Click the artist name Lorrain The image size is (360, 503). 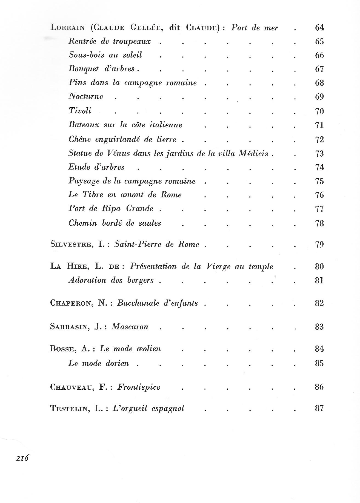click(x=67, y=28)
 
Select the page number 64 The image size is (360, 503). click(x=319, y=28)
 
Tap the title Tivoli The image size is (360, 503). click(x=80, y=111)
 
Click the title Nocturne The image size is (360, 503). click(x=86, y=96)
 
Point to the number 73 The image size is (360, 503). click(x=319, y=154)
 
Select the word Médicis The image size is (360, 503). click(x=253, y=153)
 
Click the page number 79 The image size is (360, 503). click(x=319, y=244)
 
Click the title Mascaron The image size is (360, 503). click(x=130, y=327)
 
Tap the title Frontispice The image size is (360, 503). click(x=139, y=387)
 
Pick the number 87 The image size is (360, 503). click(x=319, y=409)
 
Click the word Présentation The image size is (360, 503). click(x=153, y=266)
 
